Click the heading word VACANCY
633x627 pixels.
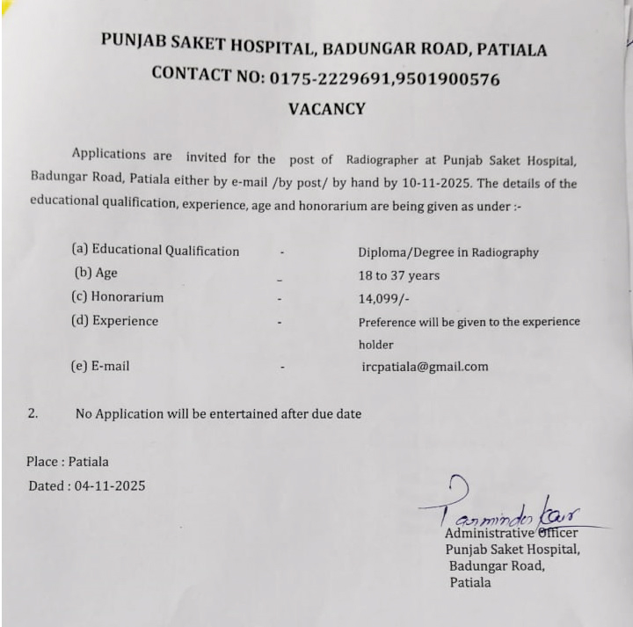(326, 109)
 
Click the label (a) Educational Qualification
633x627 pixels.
(155, 251)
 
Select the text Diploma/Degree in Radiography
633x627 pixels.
(448, 252)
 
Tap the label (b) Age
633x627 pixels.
(96, 273)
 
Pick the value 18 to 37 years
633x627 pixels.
(399, 275)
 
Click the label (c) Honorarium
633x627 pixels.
(117, 297)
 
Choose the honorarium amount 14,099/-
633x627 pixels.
(385, 299)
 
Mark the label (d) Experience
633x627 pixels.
(114, 321)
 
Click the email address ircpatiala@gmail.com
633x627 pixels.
(425, 367)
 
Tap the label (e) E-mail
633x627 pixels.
(99, 366)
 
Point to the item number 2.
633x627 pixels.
(33, 412)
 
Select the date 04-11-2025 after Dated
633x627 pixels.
(110, 485)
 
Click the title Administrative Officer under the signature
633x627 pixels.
(511, 533)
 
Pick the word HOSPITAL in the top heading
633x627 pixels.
(265, 46)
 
